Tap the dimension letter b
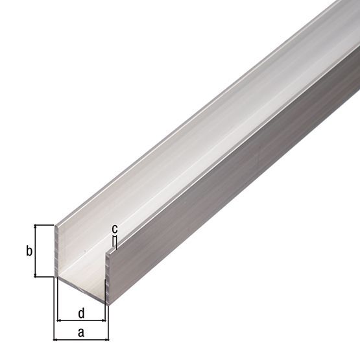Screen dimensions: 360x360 pos(29,251)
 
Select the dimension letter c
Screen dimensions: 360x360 pos(114,228)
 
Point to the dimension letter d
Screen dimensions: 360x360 pos(81,313)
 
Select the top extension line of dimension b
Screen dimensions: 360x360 pos(44,224)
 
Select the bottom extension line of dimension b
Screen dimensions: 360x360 pos(44,277)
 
